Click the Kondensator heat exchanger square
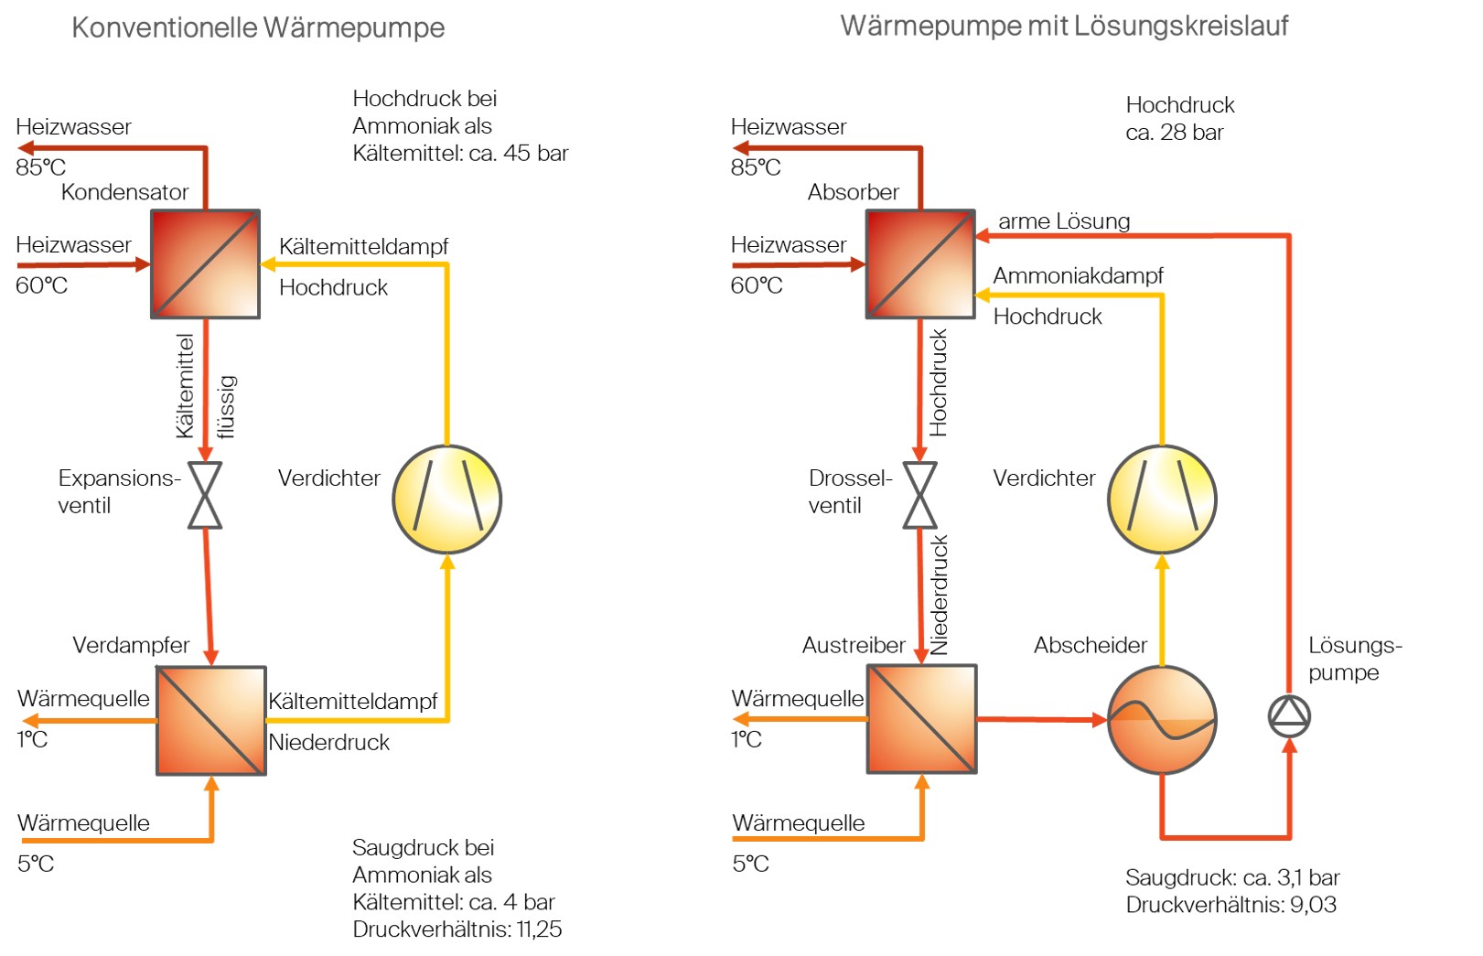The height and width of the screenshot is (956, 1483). tap(205, 264)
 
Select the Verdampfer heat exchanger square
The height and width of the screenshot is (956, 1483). tap(211, 721)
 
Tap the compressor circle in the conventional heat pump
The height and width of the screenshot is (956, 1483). tap(446, 499)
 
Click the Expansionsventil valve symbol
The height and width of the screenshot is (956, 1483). tap(205, 495)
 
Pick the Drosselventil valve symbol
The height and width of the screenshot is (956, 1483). tap(919, 495)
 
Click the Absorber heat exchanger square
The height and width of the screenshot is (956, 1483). tap(920, 264)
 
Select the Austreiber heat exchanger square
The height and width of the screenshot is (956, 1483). tap(922, 719)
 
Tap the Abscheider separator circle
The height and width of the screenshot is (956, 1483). tap(1162, 720)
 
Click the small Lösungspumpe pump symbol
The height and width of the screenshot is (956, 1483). tap(1289, 716)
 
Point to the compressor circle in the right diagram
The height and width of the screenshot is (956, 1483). tap(1162, 499)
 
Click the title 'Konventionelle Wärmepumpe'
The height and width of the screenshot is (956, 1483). tap(258, 27)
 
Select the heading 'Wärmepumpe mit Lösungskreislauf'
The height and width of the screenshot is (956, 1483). tap(1064, 26)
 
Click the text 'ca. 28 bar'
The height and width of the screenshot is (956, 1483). tap(1174, 133)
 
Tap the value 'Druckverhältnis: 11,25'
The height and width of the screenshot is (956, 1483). tap(457, 929)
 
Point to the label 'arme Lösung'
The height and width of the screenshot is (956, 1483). tap(1064, 221)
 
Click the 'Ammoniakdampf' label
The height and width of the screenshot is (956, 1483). tap(1078, 275)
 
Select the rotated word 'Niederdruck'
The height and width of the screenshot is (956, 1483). tap(940, 595)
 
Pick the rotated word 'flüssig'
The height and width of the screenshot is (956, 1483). tap(227, 407)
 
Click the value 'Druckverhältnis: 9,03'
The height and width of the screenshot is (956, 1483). tap(1230, 905)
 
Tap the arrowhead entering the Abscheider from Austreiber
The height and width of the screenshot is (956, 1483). tap(1099, 720)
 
